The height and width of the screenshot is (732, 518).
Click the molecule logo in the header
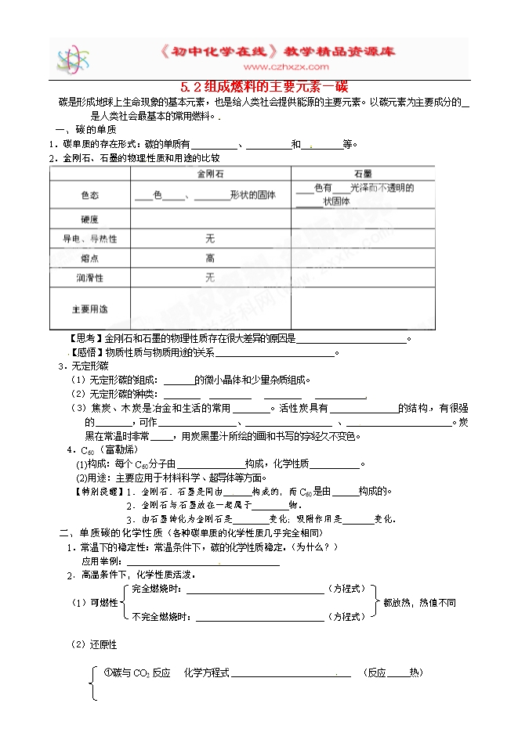[73, 58]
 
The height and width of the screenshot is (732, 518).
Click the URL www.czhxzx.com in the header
[266, 68]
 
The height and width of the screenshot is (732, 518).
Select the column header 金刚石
[210, 173]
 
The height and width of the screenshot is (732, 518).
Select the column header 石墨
[362, 173]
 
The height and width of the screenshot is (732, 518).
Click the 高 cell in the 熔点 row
[210, 258]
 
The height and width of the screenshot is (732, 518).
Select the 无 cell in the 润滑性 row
[210, 277]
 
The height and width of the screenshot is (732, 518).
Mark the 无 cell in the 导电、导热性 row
[210, 238]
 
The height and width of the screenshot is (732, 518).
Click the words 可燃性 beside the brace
[104, 602]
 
